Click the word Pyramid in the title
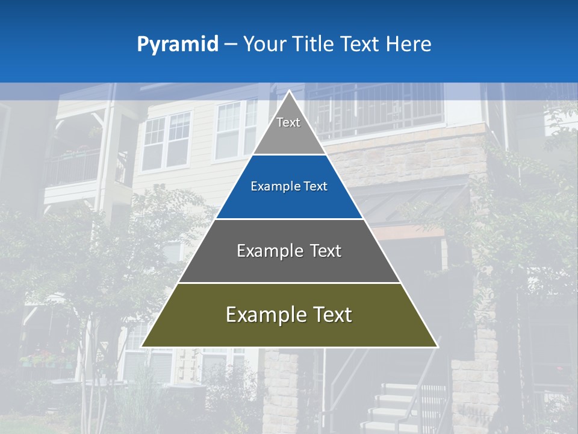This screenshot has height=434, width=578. (x=178, y=44)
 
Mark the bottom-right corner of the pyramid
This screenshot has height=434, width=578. (x=437, y=347)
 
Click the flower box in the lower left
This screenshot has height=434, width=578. (x=45, y=360)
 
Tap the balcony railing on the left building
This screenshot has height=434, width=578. (x=72, y=166)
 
